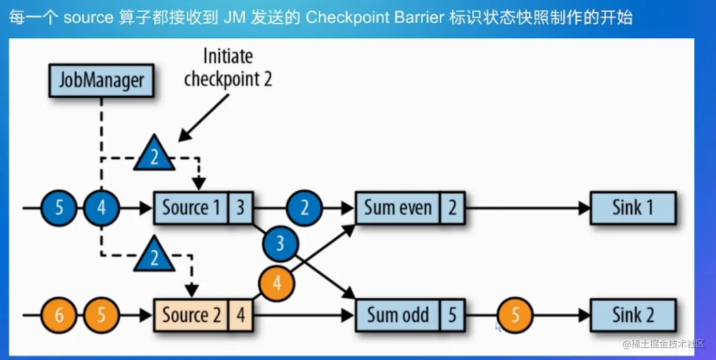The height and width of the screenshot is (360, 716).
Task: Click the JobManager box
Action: pos(101,81)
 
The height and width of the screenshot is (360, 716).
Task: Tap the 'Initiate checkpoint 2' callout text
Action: pos(228,68)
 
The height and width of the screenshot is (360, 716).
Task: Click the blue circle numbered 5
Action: pos(59,208)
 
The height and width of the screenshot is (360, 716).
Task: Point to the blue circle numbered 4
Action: pos(101,208)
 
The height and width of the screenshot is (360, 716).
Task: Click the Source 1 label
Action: pos(190,208)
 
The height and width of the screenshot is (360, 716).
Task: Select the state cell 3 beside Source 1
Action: pos(240,208)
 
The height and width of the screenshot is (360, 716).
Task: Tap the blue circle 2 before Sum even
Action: pos(304,208)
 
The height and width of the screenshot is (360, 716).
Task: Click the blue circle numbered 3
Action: pos(280,243)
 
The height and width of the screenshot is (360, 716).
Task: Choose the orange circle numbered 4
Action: pos(277,283)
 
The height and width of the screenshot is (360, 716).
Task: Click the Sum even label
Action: pos(397,208)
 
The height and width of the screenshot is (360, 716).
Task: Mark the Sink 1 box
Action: pos(633,208)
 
